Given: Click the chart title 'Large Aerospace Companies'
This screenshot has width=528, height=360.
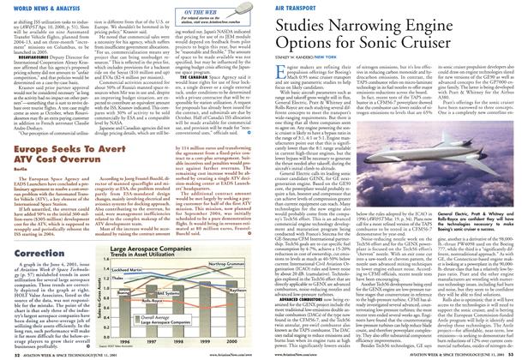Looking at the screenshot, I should click(x=162, y=234).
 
